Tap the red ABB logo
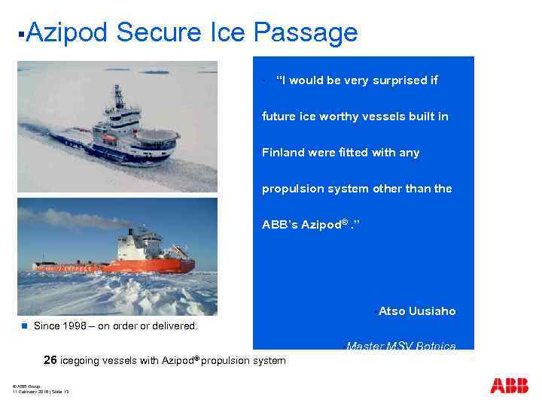coord(509,386)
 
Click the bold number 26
coord(50,360)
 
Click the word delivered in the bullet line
coord(174,326)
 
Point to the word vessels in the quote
coord(385,117)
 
